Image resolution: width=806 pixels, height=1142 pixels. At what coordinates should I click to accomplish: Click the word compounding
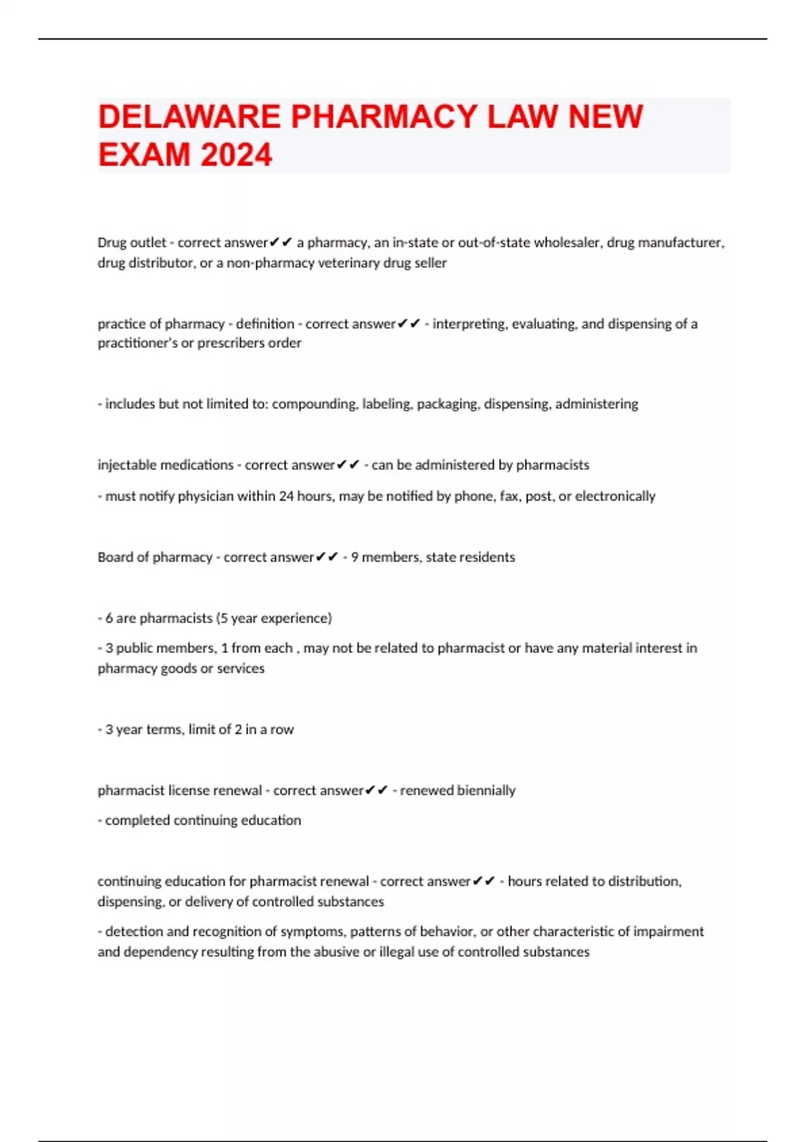click(314, 404)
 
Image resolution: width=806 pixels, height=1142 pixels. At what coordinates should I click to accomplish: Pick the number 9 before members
click(355, 557)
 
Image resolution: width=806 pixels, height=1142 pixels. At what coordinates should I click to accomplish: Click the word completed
click(137, 820)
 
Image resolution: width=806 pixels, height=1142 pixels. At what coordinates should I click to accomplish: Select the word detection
click(134, 932)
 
